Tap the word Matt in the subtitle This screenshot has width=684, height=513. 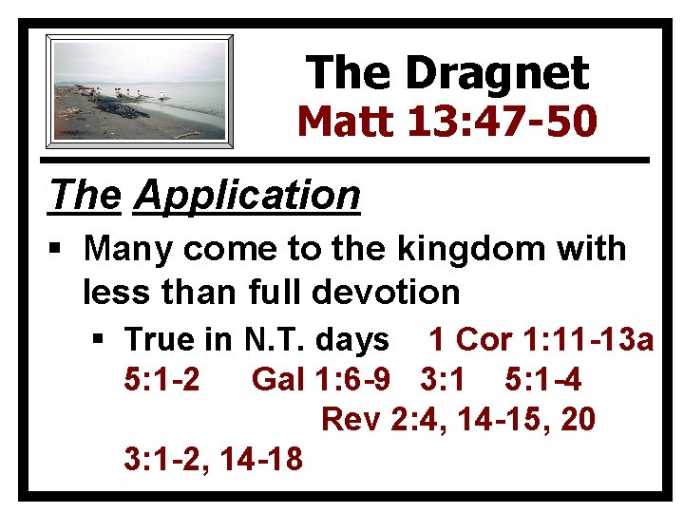tap(345, 122)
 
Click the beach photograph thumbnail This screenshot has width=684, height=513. tap(140, 91)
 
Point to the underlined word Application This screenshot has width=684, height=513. tap(248, 196)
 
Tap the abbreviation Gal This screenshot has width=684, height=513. tap(276, 379)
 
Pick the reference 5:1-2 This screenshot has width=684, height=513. tap(161, 379)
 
